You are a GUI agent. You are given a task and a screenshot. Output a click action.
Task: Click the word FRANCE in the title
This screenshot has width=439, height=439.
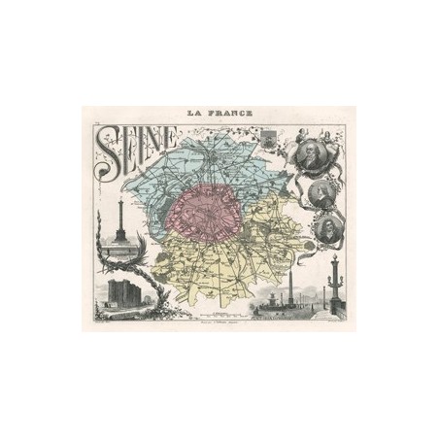point(231,113)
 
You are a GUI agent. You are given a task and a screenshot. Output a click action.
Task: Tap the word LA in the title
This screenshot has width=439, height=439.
point(199,113)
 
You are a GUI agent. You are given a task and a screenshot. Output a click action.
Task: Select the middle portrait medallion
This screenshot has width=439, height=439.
point(322,194)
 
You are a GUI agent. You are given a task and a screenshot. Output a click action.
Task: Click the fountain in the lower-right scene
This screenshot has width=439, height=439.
point(269,303)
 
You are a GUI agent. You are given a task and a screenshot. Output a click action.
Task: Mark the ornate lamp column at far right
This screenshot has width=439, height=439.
point(334,282)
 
